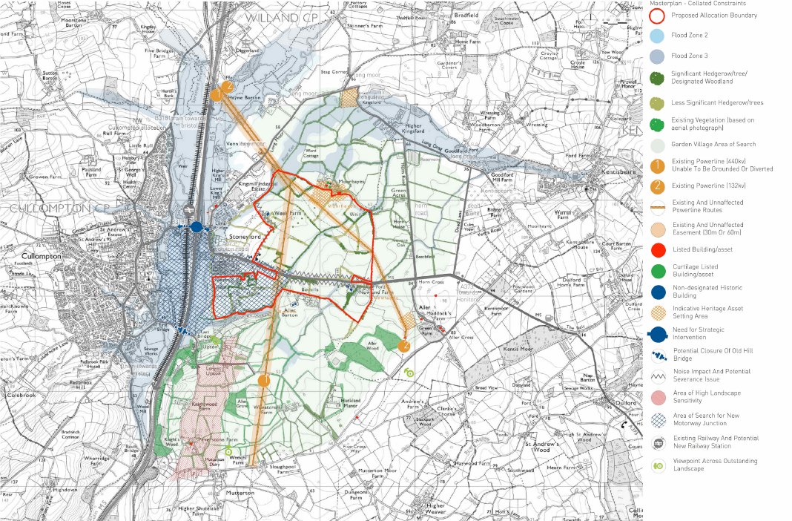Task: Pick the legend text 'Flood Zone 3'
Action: [689, 56]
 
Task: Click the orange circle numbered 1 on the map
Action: [263, 380]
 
